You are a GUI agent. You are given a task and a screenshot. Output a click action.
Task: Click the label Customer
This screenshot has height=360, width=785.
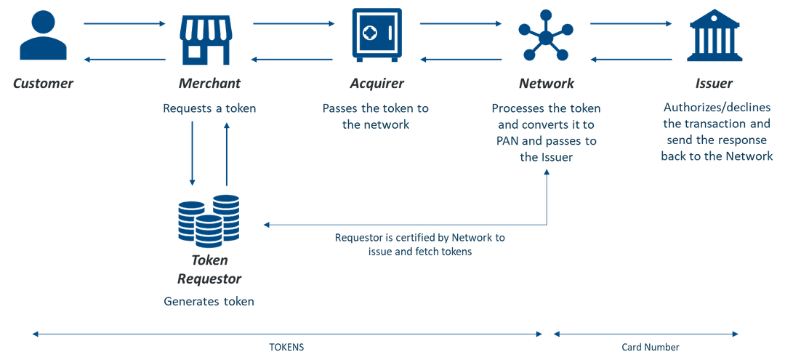[x=43, y=83]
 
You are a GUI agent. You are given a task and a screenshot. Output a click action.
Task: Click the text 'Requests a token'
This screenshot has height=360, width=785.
[x=209, y=109]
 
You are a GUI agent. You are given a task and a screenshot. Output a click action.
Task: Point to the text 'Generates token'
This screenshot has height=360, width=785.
[x=209, y=301]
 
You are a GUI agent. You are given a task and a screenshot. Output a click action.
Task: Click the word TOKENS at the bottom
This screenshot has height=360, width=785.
[x=286, y=348]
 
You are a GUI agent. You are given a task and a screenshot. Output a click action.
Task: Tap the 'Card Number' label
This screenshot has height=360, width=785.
[x=650, y=348]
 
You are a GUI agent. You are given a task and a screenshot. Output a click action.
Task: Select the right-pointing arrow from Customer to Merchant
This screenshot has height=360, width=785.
[x=125, y=24]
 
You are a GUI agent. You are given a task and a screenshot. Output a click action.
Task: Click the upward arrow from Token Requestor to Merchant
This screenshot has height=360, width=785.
[x=227, y=153]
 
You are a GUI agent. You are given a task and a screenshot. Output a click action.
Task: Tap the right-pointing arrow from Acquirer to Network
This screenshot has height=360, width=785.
[x=461, y=24]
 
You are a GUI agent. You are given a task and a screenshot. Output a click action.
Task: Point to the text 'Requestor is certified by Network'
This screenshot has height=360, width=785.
[x=419, y=238]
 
